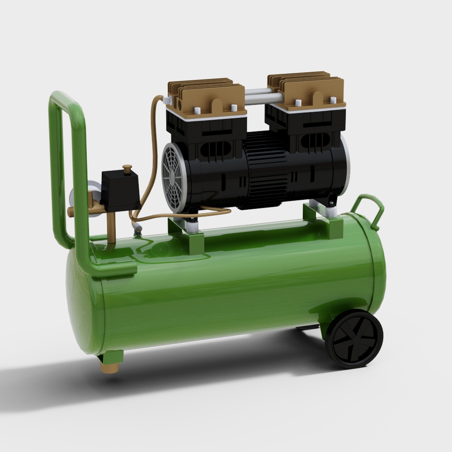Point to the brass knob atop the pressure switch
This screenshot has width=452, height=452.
127,169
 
